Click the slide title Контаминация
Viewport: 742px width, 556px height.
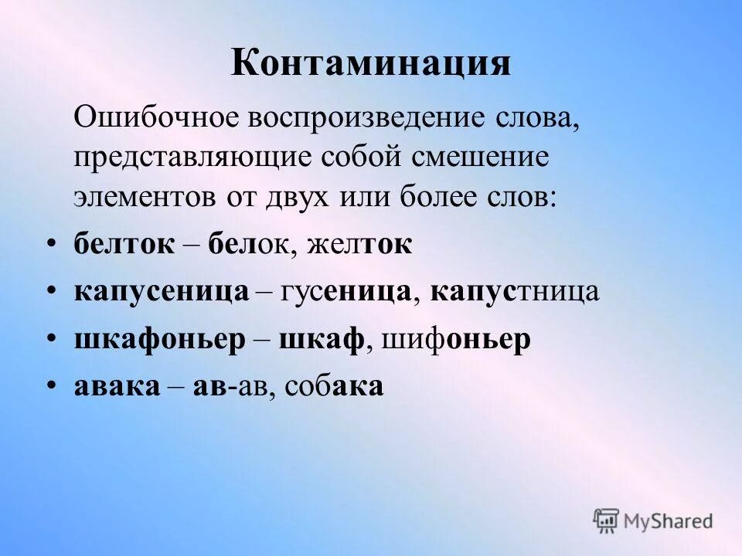coord(370,63)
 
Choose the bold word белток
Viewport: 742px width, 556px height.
coord(124,245)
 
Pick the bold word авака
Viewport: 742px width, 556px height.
coord(116,386)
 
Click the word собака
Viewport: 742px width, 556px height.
coord(334,386)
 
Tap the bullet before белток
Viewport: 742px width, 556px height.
coord(51,246)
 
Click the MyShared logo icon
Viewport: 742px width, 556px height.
coord(607,521)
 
